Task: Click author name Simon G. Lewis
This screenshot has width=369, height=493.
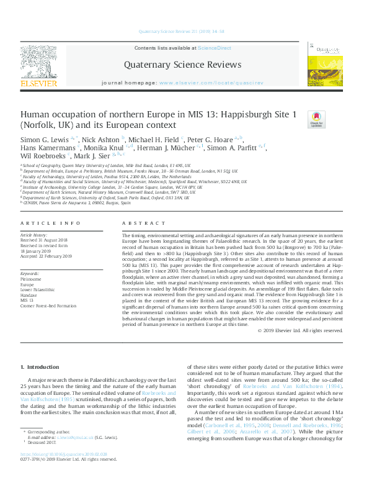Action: [x=45, y=140]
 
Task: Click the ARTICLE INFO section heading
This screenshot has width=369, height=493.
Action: [x=50, y=222]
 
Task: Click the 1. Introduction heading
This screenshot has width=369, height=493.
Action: [x=41, y=367]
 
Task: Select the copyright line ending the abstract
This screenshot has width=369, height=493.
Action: [x=300, y=331]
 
